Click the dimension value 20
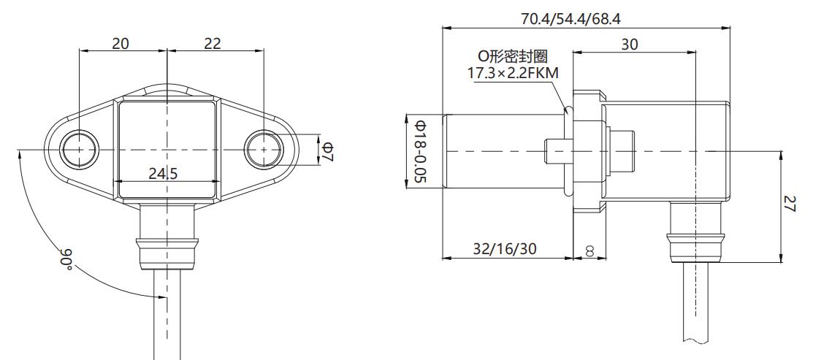point(121,44)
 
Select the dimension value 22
point(213,44)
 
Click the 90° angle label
point(66,259)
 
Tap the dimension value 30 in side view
point(629,45)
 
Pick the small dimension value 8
point(589,250)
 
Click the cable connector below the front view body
point(167,234)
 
